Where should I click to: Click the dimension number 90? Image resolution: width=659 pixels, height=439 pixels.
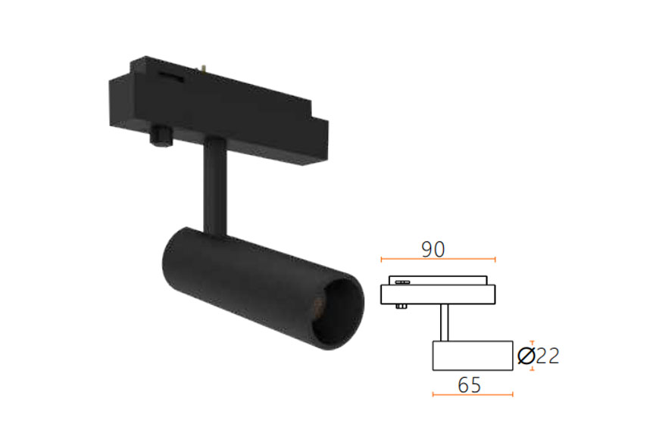click(x=433, y=249)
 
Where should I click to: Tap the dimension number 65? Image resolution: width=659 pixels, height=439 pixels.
click(x=469, y=385)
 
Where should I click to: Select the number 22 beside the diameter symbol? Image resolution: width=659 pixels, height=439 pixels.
click(x=548, y=356)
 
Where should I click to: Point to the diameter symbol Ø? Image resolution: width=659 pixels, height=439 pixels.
click(x=526, y=356)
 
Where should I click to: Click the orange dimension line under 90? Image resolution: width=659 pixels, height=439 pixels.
click(x=438, y=259)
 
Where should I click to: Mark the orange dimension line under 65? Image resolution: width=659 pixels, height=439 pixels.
click(x=473, y=394)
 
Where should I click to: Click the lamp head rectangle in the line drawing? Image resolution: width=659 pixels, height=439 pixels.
click(x=473, y=356)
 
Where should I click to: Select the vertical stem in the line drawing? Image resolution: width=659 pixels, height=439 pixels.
click(x=444, y=322)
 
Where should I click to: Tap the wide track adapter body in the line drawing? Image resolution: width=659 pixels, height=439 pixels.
click(x=438, y=294)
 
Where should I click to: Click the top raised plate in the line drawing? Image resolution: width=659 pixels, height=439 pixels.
click(x=438, y=280)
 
